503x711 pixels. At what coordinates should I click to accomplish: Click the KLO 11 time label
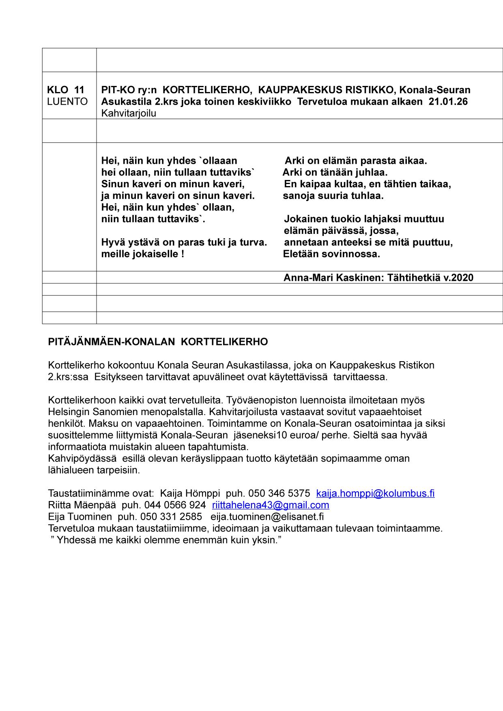tap(66, 90)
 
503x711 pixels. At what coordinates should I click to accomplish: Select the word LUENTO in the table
tap(67, 101)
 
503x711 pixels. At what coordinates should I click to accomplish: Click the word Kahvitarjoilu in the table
tap(129, 113)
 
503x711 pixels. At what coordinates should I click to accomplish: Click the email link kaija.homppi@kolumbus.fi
tap(375, 493)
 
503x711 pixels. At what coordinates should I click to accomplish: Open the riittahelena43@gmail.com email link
tap(271, 505)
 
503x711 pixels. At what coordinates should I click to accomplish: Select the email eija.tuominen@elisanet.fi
tap(267, 517)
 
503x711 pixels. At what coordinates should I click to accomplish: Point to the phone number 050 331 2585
tap(171, 517)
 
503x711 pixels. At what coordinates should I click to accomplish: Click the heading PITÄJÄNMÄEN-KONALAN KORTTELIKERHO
tap(158, 342)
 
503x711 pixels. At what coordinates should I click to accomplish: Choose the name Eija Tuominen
tap(80, 517)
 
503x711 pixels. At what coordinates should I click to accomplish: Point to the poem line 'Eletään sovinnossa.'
tap(331, 254)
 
